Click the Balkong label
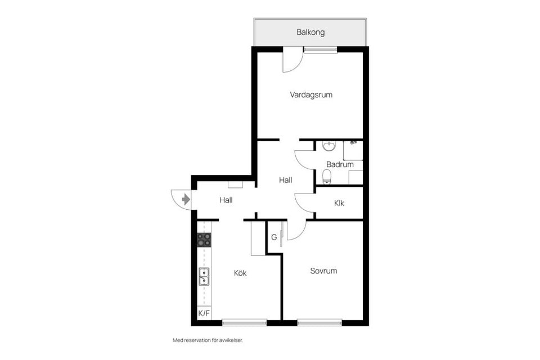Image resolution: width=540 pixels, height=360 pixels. pyautogui.click(x=310, y=33)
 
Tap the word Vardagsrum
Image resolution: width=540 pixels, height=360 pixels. pyautogui.click(x=311, y=95)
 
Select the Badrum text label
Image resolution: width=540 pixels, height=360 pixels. pyautogui.click(x=340, y=165)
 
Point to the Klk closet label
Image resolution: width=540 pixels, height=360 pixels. pyautogui.click(x=339, y=203)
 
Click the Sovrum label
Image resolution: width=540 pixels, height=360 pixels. pyautogui.click(x=323, y=271)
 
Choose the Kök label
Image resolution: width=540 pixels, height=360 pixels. pyautogui.click(x=240, y=273)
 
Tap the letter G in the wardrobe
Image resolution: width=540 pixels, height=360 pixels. pyautogui.click(x=274, y=237)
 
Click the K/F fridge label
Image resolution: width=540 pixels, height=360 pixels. pyautogui.click(x=204, y=313)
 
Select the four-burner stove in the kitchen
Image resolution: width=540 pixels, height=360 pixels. pyautogui.click(x=204, y=240)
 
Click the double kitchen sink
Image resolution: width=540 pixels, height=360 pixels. pyautogui.click(x=204, y=277)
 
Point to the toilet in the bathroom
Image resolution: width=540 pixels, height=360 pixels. pyautogui.click(x=327, y=177)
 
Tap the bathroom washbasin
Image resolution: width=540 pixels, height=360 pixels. pyautogui.click(x=329, y=147)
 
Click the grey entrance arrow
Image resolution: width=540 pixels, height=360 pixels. pyautogui.click(x=186, y=199)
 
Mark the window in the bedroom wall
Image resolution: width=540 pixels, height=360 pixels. pyautogui.click(x=319, y=323)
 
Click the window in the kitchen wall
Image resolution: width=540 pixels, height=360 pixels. pyautogui.click(x=244, y=323)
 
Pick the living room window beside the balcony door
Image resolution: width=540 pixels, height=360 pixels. pyautogui.click(x=321, y=49)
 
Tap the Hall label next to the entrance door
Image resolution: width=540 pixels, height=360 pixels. pyautogui.click(x=226, y=200)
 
